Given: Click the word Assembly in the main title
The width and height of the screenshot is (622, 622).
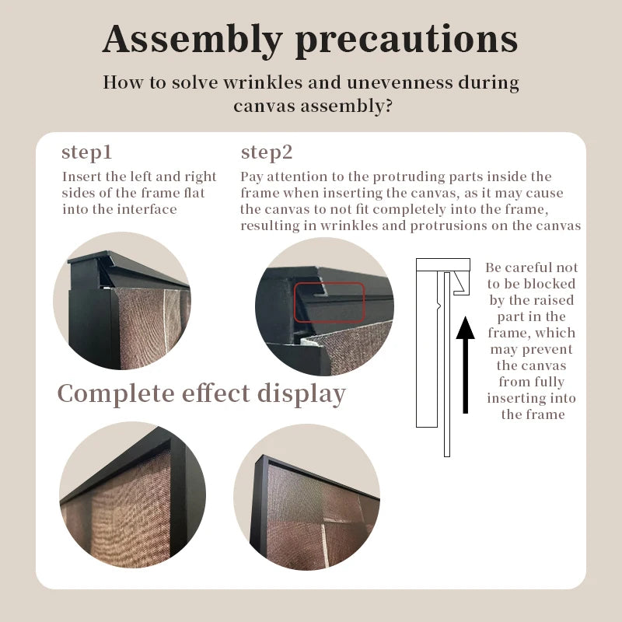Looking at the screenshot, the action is [x=192, y=40].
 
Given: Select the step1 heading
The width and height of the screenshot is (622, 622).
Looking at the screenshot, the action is [x=87, y=152].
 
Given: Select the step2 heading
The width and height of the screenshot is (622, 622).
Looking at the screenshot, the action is [x=267, y=152].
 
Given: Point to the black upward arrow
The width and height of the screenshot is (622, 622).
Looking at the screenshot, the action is [x=465, y=365].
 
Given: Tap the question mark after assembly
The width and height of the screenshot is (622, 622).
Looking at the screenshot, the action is [x=388, y=106].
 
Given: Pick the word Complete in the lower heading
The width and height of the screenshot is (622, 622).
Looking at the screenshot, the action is [x=116, y=395].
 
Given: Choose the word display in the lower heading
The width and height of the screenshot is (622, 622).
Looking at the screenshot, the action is [x=302, y=395].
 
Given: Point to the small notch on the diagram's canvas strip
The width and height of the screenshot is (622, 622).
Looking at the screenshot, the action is [x=439, y=306].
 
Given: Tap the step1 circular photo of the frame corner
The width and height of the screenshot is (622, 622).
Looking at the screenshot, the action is [x=122, y=301].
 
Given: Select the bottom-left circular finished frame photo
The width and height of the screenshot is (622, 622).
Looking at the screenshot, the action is [x=132, y=494].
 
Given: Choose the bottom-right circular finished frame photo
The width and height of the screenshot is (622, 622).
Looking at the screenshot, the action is [x=306, y=497].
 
